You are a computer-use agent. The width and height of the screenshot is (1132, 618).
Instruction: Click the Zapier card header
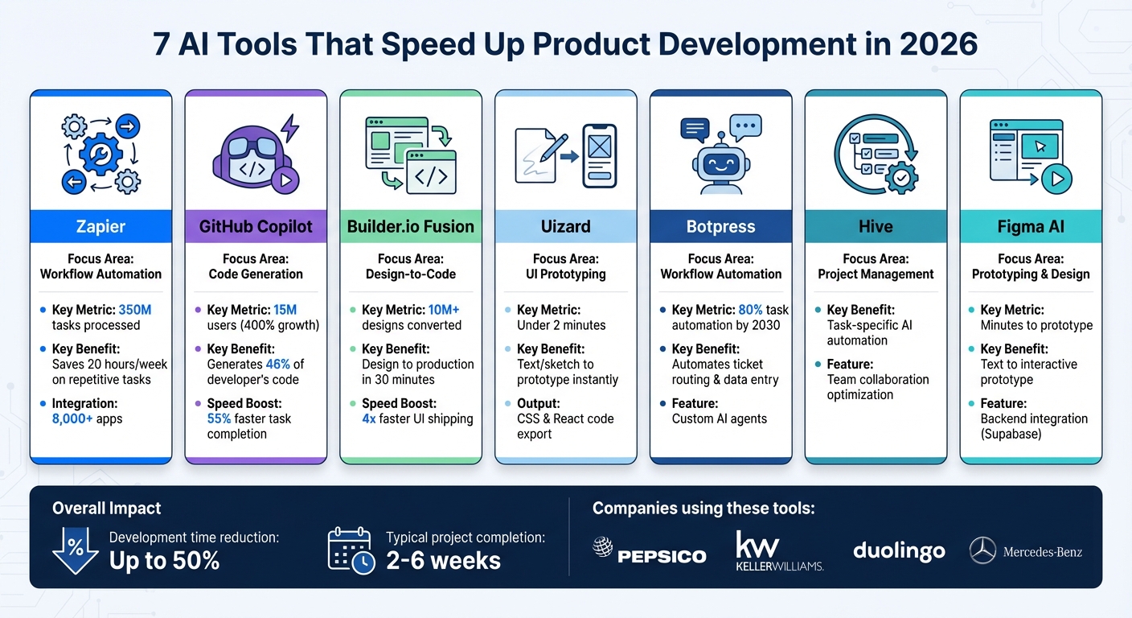click(100, 226)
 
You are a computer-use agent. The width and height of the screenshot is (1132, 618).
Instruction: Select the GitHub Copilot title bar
click(256, 226)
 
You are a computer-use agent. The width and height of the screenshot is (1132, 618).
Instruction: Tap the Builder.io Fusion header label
click(411, 226)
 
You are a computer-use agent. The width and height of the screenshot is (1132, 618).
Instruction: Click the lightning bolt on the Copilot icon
click(289, 128)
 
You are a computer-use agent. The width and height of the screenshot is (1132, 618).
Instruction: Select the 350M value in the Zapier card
click(135, 310)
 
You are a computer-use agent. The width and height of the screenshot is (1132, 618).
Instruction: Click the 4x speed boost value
click(371, 418)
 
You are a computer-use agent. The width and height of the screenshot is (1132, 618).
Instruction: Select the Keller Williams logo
click(779, 551)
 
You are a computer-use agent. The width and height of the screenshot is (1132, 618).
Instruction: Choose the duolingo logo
click(899, 551)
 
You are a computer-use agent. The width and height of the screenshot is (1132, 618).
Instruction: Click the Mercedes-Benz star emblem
click(982, 551)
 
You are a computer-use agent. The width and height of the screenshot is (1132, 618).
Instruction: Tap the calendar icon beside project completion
click(351, 550)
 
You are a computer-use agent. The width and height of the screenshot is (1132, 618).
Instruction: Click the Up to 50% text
click(165, 560)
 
